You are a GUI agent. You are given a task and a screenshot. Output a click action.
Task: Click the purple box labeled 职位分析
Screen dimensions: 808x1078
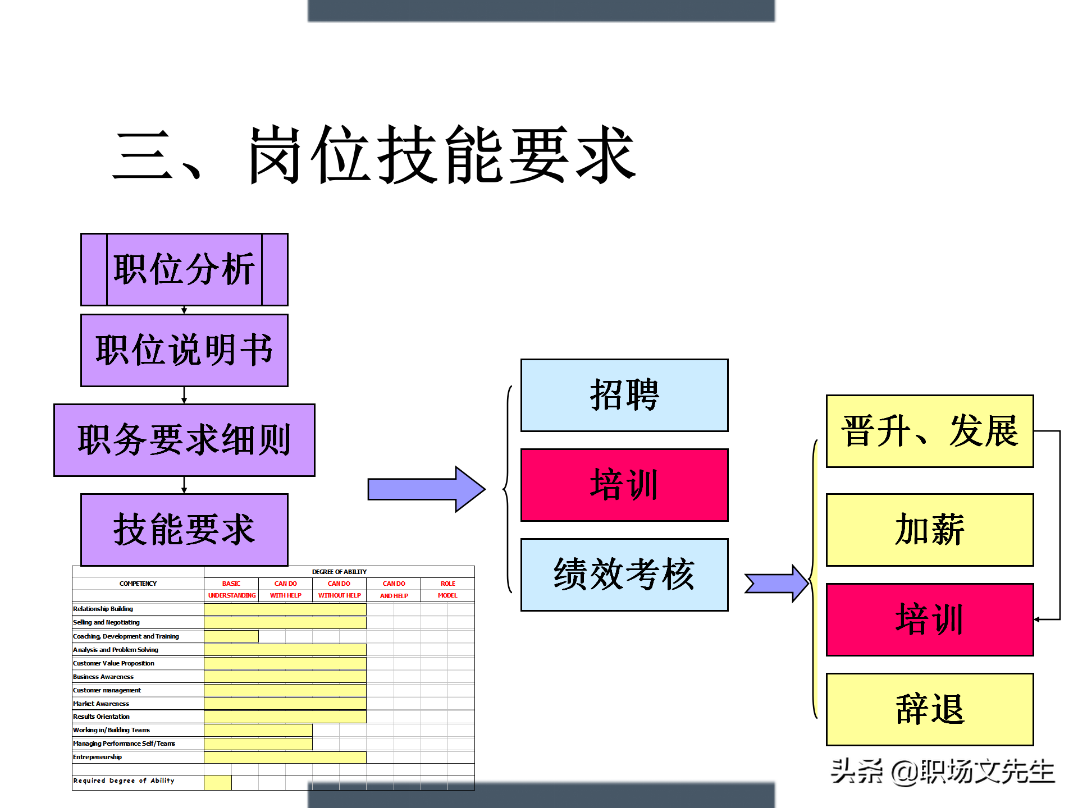point(184,269)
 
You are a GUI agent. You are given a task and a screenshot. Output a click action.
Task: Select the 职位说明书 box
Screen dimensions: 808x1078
point(184,350)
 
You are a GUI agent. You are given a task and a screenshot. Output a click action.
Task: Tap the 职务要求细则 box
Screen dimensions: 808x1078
point(184,440)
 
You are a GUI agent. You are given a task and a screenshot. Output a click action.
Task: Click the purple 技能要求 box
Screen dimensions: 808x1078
point(184,530)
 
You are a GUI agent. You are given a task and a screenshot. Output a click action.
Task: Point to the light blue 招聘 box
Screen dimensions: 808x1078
point(624,395)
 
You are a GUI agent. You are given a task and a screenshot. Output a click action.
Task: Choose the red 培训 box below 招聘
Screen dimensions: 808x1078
point(624,485)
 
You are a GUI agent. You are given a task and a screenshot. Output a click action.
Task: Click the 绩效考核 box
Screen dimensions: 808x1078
point(624,575)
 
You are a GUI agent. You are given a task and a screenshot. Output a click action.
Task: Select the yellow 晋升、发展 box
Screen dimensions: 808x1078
point(930,431)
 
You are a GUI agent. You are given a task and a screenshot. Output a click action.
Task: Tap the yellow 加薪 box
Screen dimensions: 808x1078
point(930,530)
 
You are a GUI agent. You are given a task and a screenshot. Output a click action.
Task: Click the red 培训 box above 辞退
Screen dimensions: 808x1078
point(930,619)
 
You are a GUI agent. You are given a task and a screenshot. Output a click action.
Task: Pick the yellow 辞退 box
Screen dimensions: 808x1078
point(930,709)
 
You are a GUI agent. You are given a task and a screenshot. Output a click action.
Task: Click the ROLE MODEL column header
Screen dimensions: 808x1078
point(447,589)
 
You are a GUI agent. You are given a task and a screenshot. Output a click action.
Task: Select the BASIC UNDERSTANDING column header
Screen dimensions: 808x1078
point(231,589)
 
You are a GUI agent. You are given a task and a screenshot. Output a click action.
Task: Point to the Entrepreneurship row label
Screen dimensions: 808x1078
point(98,757)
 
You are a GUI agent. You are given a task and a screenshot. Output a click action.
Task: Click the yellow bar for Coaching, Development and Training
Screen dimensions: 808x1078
point(231,636)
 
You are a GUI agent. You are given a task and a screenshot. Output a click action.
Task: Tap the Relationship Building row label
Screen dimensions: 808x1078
point(103,609)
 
